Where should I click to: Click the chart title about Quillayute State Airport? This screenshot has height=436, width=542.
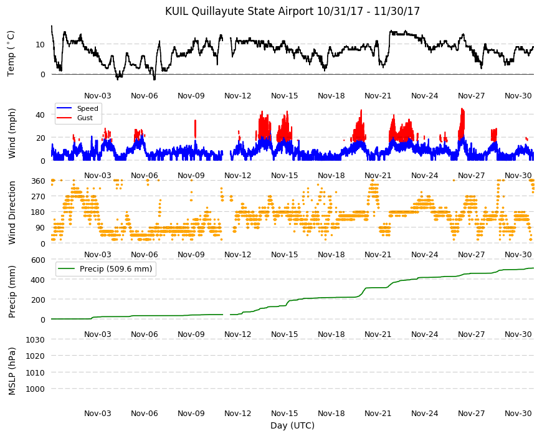point(292,11)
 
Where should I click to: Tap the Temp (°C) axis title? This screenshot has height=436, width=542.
point(11,53)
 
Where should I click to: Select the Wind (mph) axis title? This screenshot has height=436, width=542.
point(12,133)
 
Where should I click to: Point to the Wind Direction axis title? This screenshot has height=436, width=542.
point(12,212)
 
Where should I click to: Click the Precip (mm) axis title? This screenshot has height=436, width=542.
point(12,291)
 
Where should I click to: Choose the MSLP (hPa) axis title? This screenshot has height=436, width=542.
point(12,371)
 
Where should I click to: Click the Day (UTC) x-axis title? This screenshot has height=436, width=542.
point(292,425)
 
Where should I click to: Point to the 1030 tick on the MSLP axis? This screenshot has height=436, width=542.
point(36,339)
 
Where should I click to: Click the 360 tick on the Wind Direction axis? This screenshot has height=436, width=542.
point(38,181)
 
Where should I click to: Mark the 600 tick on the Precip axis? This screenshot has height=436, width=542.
point(38,260)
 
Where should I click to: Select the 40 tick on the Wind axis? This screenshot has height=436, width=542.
point(40,115)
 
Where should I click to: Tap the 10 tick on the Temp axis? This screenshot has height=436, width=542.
point(40,45)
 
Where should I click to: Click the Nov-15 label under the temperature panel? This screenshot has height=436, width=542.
point(285,96)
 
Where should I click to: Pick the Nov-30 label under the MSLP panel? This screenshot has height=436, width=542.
point(518,413)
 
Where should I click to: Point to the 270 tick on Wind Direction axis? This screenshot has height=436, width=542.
point(38,197)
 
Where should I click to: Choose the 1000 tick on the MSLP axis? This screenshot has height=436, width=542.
point(36,389)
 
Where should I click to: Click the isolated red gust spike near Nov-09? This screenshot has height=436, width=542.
point(195,129)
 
